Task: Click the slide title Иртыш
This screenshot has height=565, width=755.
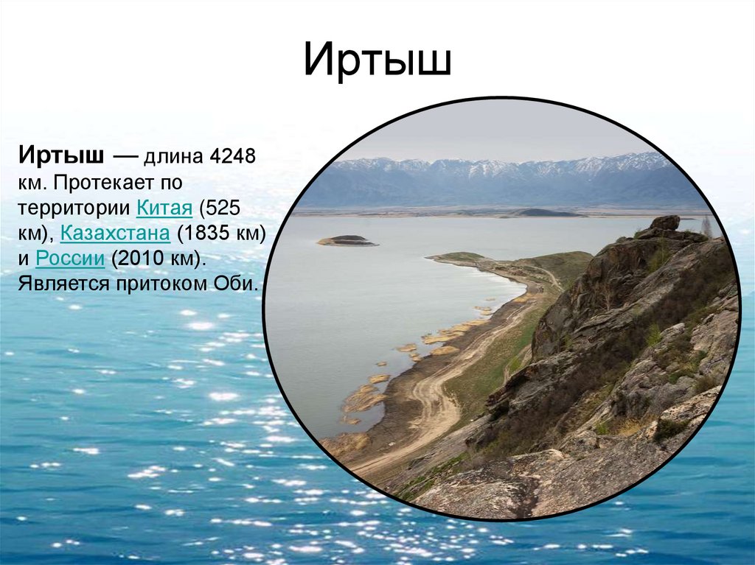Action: pyautogui.click(x=377, y=61)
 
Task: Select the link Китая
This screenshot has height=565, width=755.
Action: pyautogui.click(x=164, y=207)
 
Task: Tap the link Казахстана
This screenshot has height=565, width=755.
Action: pyautogui.click(x=115, y=233)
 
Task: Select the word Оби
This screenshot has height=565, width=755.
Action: pyautogui.click(x=239, y=284)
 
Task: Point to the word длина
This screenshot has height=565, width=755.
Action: pyautogui.click(x=175, y=156)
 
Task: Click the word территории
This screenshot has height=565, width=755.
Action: pyautogui.click(x=76, y=207)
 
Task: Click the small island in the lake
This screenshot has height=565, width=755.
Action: pyautogui.click(x=347, y=240)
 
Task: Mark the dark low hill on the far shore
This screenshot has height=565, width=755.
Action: pyautogui.click(x=546, y=213)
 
